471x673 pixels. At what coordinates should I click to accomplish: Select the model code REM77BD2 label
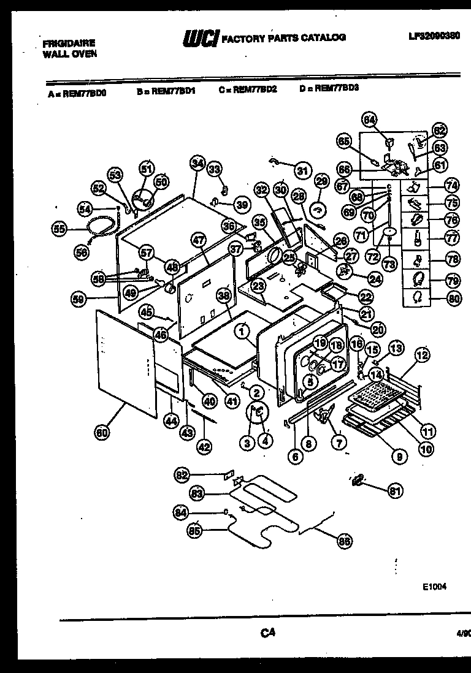point(248,88)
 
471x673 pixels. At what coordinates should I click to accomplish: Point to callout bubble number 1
point(242,332)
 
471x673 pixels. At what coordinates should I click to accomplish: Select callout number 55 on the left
point(59,230)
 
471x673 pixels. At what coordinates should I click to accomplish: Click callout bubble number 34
point(197,164)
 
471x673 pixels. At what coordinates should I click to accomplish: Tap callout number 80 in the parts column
point(452,298)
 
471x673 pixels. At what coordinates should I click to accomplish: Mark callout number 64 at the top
point(369,120)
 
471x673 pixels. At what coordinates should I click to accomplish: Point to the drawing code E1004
point(434,586)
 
